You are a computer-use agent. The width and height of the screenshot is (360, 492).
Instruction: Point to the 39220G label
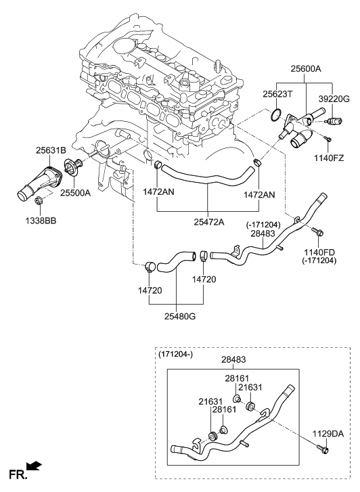[x=334, y=98]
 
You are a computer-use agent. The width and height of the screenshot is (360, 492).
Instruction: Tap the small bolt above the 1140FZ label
[x=327, y=139]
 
